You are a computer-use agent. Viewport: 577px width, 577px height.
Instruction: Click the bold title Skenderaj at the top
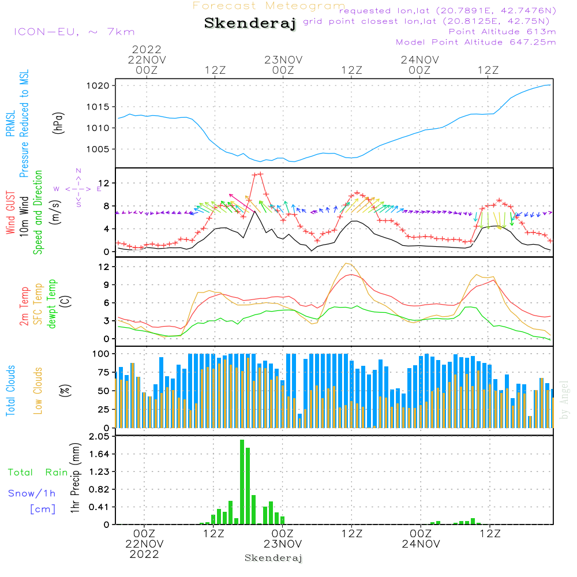[x=250, y=23]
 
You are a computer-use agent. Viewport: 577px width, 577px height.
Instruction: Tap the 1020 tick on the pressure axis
[x=98, y=86]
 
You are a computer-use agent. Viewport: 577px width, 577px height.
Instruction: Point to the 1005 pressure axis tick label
[x=98, y=149]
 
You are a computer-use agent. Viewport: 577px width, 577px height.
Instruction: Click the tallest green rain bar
[x=242, y=482]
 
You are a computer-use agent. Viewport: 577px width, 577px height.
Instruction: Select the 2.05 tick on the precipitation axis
[x=99, y=436]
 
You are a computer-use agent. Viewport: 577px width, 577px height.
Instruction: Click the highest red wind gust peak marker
[x=261, y=174]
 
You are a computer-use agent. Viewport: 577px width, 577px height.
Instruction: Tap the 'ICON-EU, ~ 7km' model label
[x=74, y=32]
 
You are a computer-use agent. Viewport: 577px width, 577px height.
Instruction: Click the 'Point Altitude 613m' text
[x=502, y=32]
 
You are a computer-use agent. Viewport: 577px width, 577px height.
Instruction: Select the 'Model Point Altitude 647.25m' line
[x=475, y=42]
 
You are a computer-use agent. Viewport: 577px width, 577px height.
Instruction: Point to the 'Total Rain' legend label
[x=38, y=473]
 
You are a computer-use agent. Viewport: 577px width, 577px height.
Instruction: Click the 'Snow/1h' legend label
[x=32, y=493]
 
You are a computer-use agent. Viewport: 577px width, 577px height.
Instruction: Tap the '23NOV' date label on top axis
[x=283, y=60]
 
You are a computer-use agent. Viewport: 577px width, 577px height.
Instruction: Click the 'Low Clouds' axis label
[x=38, y=391]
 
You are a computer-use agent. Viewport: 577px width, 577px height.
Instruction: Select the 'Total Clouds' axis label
[x=10, y=391]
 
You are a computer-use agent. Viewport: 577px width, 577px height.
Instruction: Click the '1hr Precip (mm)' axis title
[x=75, y=478]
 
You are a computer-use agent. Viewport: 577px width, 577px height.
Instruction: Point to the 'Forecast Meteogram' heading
[x=269, y=6]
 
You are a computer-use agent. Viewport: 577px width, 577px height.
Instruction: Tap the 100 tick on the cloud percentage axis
[x=100, y=354]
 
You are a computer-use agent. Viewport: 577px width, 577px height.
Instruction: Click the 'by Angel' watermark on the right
[x=564, y=400]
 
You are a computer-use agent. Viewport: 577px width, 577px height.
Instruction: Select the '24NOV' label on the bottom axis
[x=421, y=544]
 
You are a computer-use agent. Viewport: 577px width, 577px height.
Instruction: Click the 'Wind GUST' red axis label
[x=10, y=213]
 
